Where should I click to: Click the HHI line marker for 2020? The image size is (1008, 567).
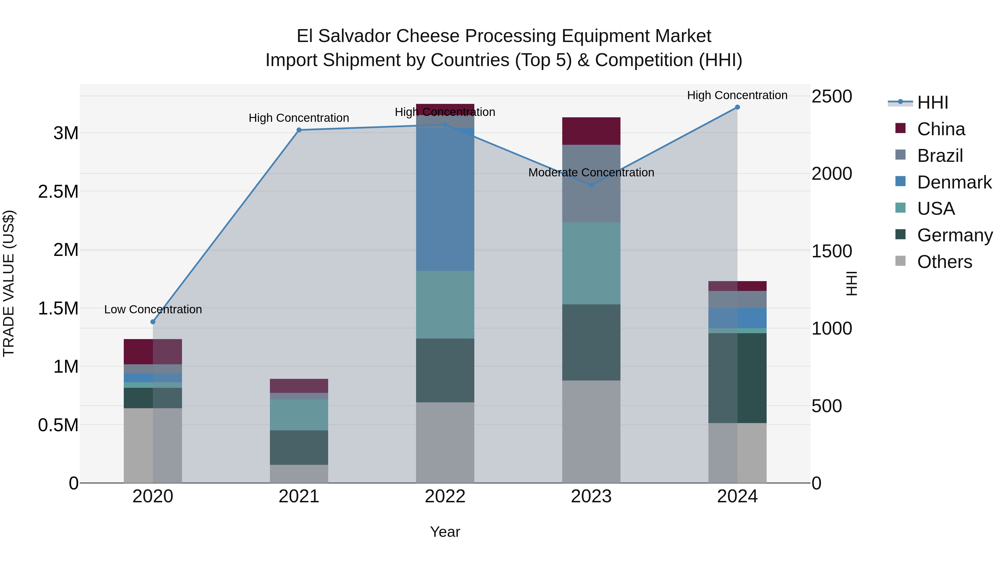coord(153,322)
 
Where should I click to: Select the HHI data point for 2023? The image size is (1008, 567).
coord(591,185)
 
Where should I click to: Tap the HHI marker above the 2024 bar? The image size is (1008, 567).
coord(737,107)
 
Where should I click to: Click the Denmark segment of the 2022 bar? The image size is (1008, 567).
coord(445,200)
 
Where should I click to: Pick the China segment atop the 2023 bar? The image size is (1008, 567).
coord(591,131)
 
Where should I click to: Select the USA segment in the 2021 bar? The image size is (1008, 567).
coord(299,415)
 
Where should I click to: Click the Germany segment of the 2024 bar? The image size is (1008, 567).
coord(737,378)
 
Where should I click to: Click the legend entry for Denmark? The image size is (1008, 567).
coord(954,182)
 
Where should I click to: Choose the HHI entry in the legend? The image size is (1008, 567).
coord(932,102)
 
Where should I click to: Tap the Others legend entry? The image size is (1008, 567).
coord(944,262)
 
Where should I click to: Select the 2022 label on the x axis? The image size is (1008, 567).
coord(445,496)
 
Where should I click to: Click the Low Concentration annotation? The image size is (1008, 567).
coord(153,309)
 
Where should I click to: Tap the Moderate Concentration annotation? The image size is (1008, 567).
coord(591,172)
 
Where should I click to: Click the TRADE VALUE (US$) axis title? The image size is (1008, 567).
coord(9,283)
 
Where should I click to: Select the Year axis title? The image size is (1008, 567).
coord(445,532)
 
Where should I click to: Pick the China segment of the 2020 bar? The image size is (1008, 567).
coord(153,352)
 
